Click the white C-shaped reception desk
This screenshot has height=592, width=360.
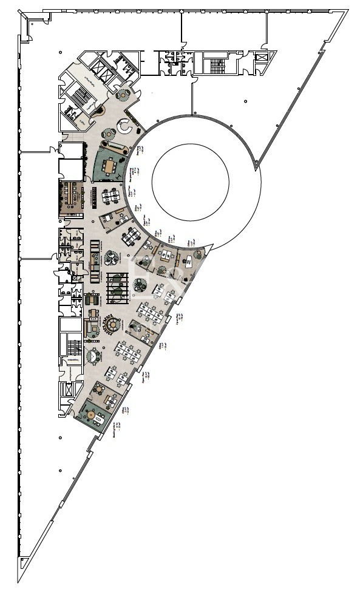tap(125, 126)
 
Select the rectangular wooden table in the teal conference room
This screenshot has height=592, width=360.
tap(110, 165)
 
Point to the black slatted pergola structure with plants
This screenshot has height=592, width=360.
tap(117, 287)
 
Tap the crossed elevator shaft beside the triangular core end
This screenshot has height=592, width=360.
tap(262, 58)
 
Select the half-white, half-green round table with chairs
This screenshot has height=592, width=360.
tap(140, 283)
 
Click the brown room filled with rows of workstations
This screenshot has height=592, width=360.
tap(71, 197)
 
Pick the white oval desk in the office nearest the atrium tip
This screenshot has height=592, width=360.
tap(189, 261)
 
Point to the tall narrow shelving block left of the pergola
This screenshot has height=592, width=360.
tap(94, 261)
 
